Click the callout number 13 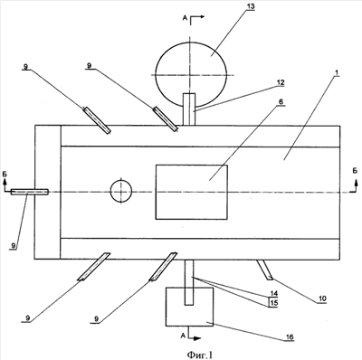250,6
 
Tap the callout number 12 281,82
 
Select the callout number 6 281,102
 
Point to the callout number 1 337,72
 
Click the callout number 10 321,298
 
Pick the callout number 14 273,293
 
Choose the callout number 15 273,302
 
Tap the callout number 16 290,337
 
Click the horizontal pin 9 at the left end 30,192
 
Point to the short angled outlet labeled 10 265,270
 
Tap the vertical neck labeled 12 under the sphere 189,109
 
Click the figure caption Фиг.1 200,355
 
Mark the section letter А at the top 185,18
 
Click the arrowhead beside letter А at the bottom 197,338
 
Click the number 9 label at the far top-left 26,66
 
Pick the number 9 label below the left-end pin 13,246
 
